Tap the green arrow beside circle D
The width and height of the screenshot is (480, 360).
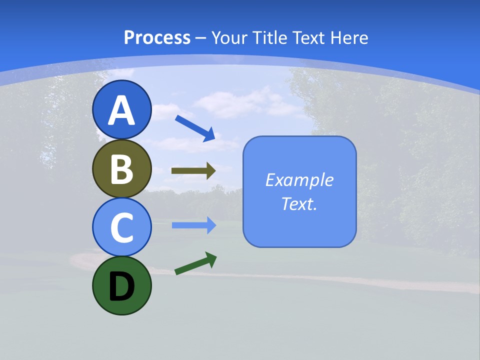tap(195, 263)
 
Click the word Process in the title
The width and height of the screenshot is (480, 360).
tap(157, 38)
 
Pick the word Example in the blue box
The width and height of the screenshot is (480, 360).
tap(299, 180)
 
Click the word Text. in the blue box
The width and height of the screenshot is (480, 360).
tap(299, 204)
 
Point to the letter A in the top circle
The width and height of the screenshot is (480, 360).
tap(122, 111)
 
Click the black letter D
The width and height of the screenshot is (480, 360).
tap(122, 287)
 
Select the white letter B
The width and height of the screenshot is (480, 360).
tap(122, 170)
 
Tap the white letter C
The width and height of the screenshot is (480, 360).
tap(122, 228)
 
